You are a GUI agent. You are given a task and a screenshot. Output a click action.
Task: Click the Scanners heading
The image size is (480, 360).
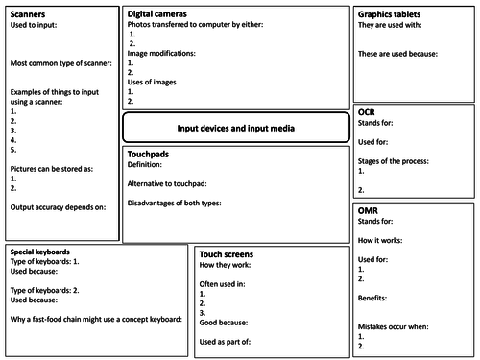pos(28,14)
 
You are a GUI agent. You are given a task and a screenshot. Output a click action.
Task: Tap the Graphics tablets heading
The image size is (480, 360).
pos(391,14)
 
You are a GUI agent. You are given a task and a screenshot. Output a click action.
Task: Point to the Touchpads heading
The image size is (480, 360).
pos(149,154)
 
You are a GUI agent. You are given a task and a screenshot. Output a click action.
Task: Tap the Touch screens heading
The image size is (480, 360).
pos(227,253)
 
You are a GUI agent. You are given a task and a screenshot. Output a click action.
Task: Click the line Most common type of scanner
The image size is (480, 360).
pos(60,63)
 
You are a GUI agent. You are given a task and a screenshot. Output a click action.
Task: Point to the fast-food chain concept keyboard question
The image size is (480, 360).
pos(95,319)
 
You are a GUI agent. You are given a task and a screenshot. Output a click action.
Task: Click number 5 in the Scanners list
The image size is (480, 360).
pos(13,150)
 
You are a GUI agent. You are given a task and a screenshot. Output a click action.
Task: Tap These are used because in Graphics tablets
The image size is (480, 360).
pos(397,54)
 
